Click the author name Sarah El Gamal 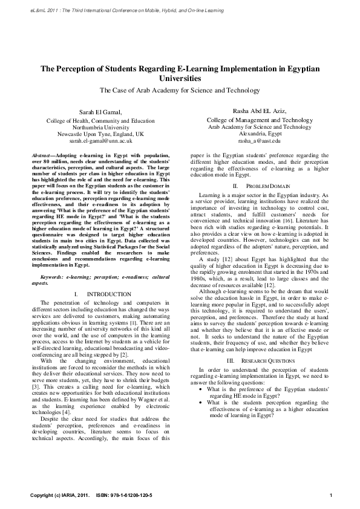click(100, 112)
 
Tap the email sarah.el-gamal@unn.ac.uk click(100, 140)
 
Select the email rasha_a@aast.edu click(260, 140)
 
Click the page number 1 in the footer click(331, 496)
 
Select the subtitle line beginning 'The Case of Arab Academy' click(180, 90)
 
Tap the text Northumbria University click(100, 127)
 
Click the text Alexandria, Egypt click(260, 134)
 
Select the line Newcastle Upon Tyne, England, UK click(100, 134)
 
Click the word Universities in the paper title click(180, 79)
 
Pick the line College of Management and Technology click(259, 120)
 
